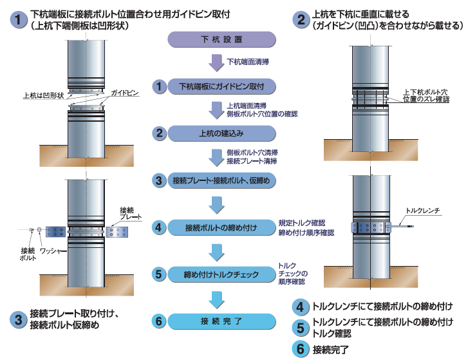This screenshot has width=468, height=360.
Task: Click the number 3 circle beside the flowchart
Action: (x=160, y=181)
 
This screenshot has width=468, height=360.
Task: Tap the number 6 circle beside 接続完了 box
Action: (x=160, y=321)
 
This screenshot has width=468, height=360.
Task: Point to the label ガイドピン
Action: (x=125, y=93)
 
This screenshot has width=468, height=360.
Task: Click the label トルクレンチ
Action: (x=422, y=211)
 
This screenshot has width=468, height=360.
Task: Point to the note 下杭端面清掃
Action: (x=248, y=63)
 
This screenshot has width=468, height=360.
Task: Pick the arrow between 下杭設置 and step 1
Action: (x=216, y=63)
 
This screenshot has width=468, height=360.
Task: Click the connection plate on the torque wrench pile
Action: (x=370, y=226)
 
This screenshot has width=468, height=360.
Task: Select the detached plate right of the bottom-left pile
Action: (x=120, y=231)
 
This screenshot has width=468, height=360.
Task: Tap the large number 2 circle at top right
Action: (x=301, y=19)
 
